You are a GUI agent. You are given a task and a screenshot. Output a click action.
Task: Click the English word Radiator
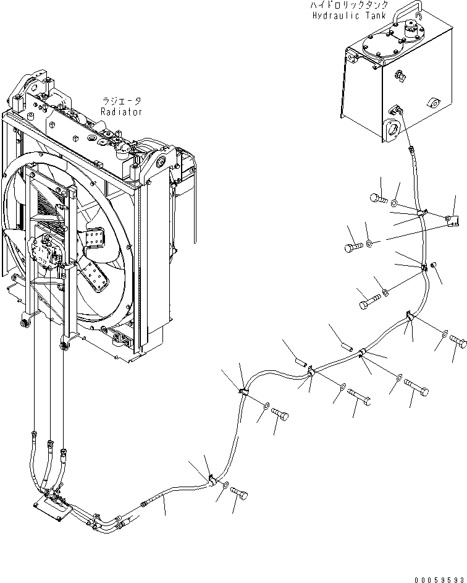tap(122, 112)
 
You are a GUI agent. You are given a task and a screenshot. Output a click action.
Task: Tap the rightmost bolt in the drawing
tap(458, 339)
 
